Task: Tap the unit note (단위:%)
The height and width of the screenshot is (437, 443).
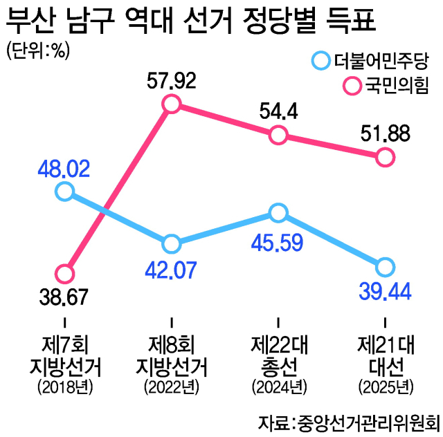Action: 38,52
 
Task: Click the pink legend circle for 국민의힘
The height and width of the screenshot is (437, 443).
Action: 353,86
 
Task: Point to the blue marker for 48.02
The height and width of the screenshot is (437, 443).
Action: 64,192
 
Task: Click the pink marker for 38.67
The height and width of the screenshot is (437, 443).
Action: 64,273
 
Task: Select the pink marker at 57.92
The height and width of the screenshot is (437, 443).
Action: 172,104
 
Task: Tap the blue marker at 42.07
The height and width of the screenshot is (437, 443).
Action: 172,243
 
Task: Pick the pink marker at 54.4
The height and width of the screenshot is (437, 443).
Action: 278,136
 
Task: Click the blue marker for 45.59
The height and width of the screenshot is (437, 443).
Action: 278,212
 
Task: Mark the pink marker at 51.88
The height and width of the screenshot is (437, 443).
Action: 385,158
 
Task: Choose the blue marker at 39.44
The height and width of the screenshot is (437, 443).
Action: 385,267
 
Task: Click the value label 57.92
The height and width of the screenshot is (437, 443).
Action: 172,81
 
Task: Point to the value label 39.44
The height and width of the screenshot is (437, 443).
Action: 385,290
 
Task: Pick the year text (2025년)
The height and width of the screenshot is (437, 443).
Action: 385,385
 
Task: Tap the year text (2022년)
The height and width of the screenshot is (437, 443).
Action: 172,385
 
